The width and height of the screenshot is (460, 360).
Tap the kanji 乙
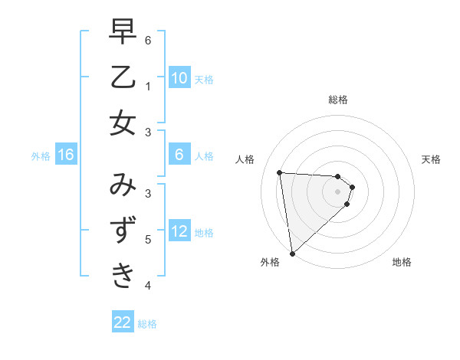coord(123,77)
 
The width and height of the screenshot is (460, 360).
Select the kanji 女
coord(123,123)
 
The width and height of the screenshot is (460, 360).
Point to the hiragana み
coord(123,185)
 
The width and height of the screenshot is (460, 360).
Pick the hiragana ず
coord(123,230)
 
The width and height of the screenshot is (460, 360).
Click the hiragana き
coord(123,275)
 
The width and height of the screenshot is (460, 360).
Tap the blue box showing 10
coord(179,78)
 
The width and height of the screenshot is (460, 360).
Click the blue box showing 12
coord(179,232)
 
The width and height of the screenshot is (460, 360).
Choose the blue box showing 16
coord(66,155)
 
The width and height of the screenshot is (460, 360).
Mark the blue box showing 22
coord(123,322)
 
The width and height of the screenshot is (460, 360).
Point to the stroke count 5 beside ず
coord(148,239)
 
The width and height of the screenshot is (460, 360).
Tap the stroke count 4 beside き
coord(148,285)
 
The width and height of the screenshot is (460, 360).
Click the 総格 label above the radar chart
coord(338,100)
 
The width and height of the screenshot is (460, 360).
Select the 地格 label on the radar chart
coord(402,262)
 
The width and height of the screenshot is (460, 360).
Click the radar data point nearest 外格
coord(292,253)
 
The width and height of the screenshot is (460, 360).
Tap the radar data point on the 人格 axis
coord(280,172)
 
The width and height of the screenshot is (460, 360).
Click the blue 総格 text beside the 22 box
coord(147,324)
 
